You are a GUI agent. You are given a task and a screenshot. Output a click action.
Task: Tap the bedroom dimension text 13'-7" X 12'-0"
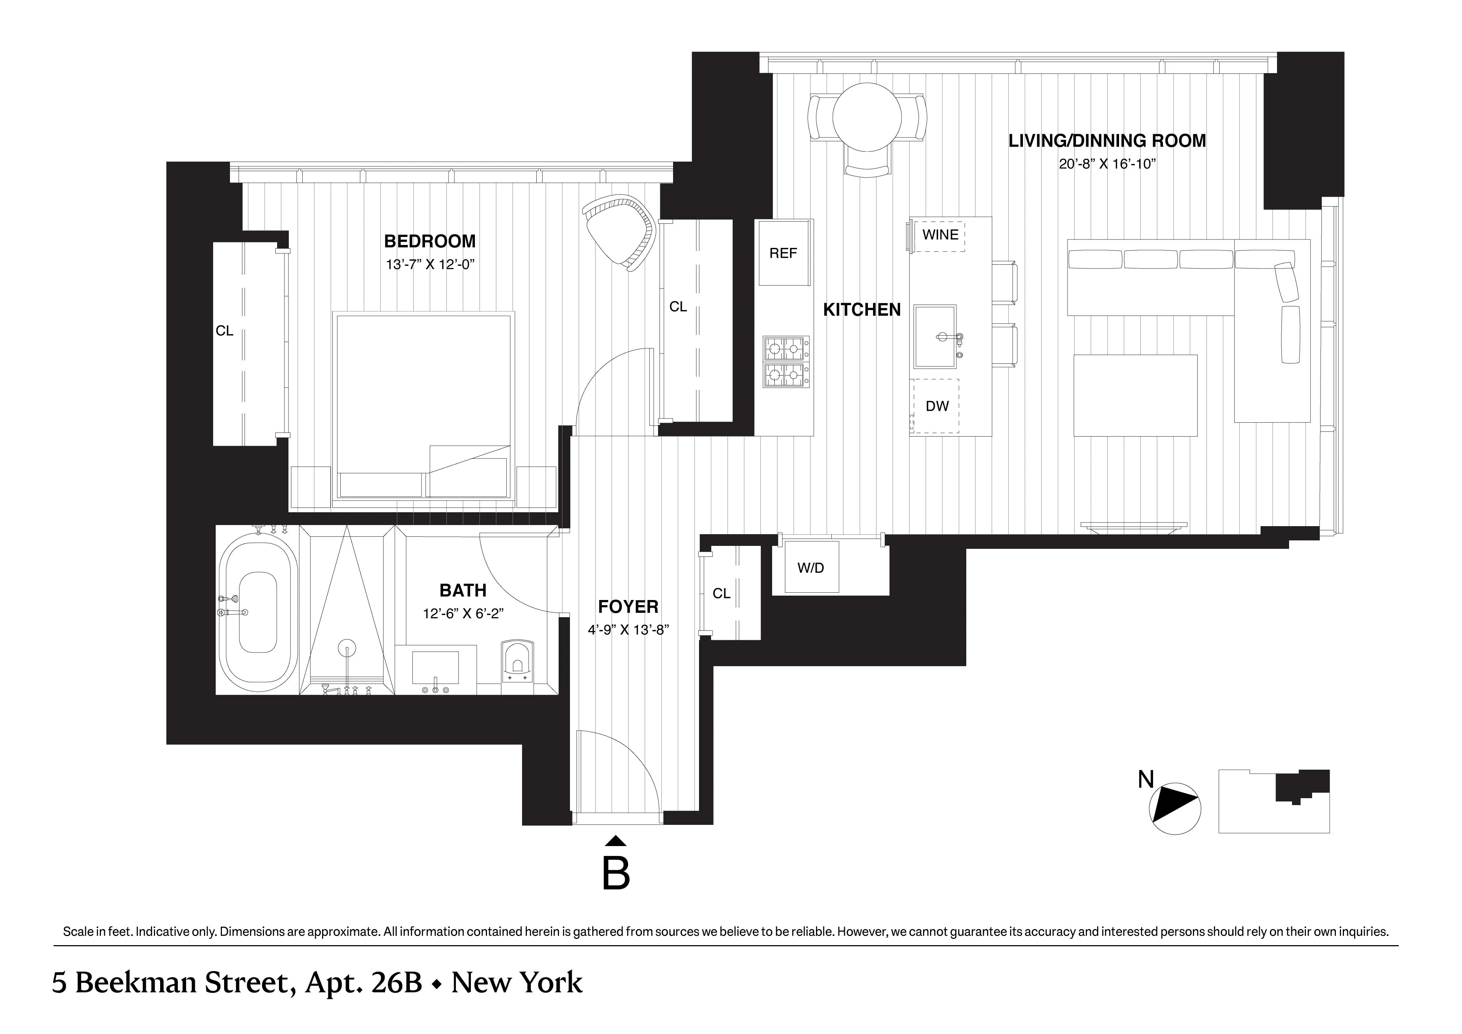pyautogui.click(x=430, y=265)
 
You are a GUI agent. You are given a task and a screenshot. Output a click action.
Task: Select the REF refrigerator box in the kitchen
pyautogui.click(x=783, y=253)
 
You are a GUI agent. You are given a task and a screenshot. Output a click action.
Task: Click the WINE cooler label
pyautogui.click(x=940, y=235)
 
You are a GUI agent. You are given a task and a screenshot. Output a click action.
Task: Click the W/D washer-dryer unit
pyautogui.click(x=811, y=567)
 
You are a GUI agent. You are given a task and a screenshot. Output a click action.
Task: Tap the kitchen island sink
pyautogui.click(x=935, y=336)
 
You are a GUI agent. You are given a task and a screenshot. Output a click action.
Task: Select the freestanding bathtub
pyautogui.click(x=258, y=612)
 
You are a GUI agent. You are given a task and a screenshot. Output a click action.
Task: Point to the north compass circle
pyautogui.click(x=1175, y=809)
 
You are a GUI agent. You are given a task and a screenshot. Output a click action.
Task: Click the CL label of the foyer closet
pyautogui.click(x=721, y=593)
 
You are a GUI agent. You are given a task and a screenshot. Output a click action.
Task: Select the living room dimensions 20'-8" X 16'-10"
pyautogui.click(x=1107, y=164)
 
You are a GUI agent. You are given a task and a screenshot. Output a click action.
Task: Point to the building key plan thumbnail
pyautogui.click(x=1273, y=801)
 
